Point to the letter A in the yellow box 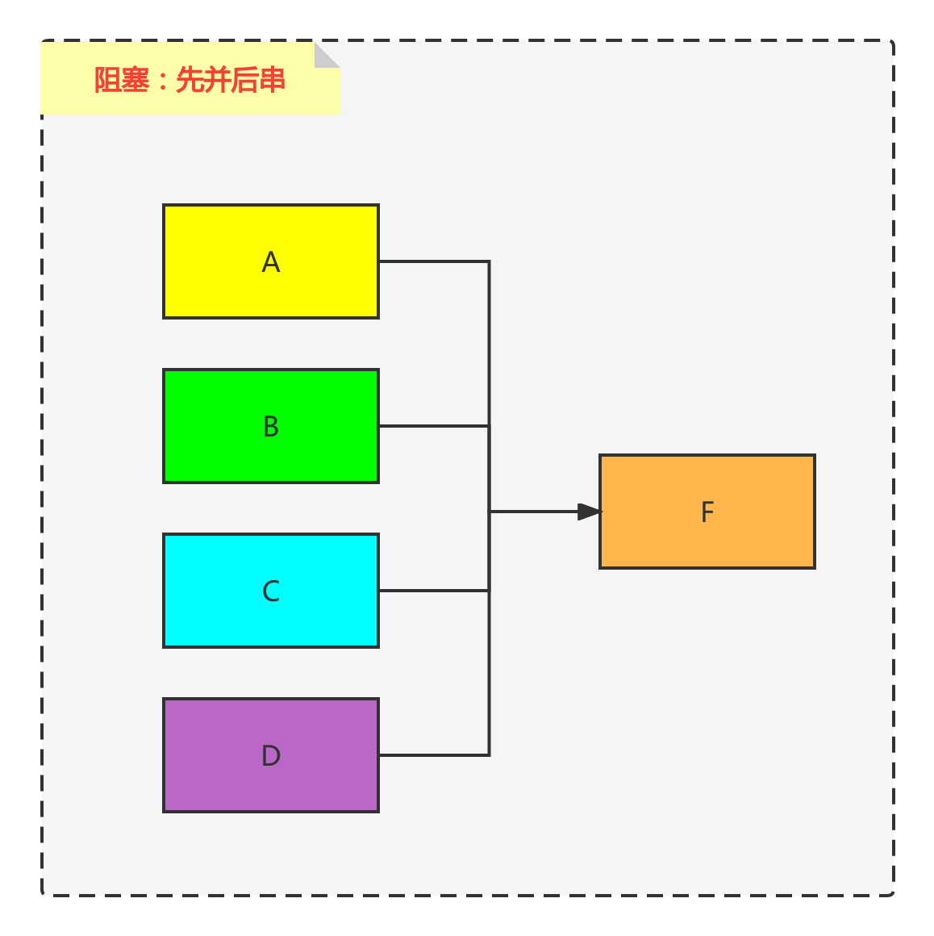point(271,262)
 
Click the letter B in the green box point(271,427)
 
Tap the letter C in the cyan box point(271,591)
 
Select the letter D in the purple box point(271,756)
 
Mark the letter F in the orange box point(707,512)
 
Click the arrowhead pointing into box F point(590,512)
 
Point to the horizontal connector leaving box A point(433,261)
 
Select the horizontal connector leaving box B point(433,426)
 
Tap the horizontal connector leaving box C point(433,591)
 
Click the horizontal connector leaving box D point(433,755)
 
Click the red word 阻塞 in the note point(122,81)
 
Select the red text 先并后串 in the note point(231,81)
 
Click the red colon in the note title point(162,81)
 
